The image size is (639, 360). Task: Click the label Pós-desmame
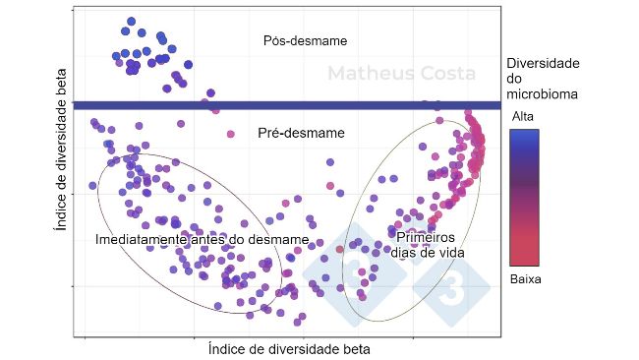[306, 40]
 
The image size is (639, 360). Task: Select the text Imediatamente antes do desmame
[202, 239]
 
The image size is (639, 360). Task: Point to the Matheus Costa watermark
[400, 74]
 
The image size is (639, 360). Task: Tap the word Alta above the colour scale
[524, 116]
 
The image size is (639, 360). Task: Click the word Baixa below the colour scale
[526, 278]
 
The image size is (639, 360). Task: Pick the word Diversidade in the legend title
[543, 63]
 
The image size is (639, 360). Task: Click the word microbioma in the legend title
[541, 94]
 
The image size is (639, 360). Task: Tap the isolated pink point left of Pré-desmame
[231, 134]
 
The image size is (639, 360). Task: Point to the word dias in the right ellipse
[410, 252]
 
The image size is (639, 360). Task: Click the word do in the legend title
[514, 79]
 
